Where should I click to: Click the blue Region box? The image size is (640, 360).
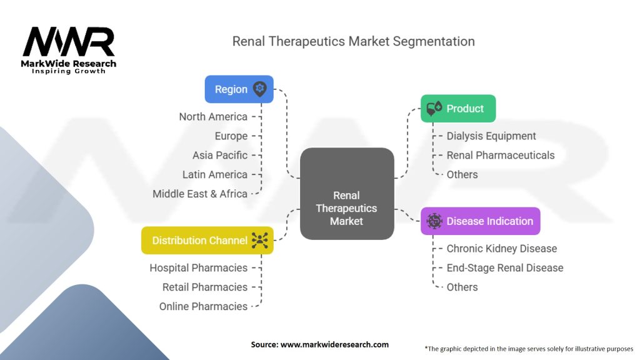(239, 89)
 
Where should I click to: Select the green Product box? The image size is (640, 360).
(458, 109)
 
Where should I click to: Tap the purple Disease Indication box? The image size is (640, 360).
(481, 221)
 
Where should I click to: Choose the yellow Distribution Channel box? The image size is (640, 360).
(207, 241)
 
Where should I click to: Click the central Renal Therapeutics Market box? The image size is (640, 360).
(347, 194)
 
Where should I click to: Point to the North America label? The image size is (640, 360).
(213, 117)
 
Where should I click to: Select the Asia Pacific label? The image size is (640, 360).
(220, 155)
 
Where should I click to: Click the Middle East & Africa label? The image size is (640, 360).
(200, 194)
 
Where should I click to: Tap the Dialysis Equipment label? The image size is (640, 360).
(491, 136)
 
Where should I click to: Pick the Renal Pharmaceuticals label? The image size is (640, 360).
(501, 155)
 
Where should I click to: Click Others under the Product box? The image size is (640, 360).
(462, 175)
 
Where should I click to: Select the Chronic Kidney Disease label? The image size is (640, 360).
(502, 249)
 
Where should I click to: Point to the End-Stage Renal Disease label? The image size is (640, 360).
(505, 267)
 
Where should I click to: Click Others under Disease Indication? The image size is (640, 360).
(462, 287)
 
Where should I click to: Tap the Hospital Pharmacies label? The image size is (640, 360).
(198, 267)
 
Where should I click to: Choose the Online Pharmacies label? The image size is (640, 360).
(203, 306)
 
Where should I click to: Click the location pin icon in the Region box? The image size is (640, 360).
(259, 89)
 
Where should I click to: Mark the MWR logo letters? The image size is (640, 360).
(69, 41)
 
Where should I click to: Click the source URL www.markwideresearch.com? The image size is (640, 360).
(334, 344)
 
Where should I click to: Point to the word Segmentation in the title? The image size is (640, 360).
(434, 42)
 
